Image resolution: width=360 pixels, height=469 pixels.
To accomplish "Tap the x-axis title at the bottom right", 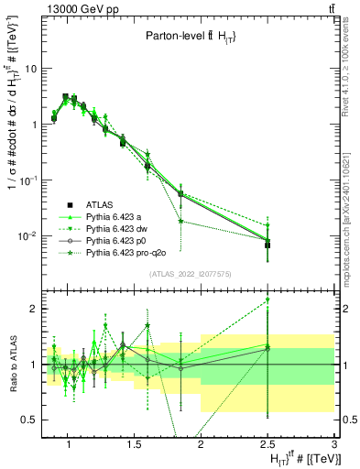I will pyautogui.click(x=293, y=458).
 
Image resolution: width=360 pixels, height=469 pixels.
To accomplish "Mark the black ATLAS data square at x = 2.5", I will pyautogui.click(x=267, y=245).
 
